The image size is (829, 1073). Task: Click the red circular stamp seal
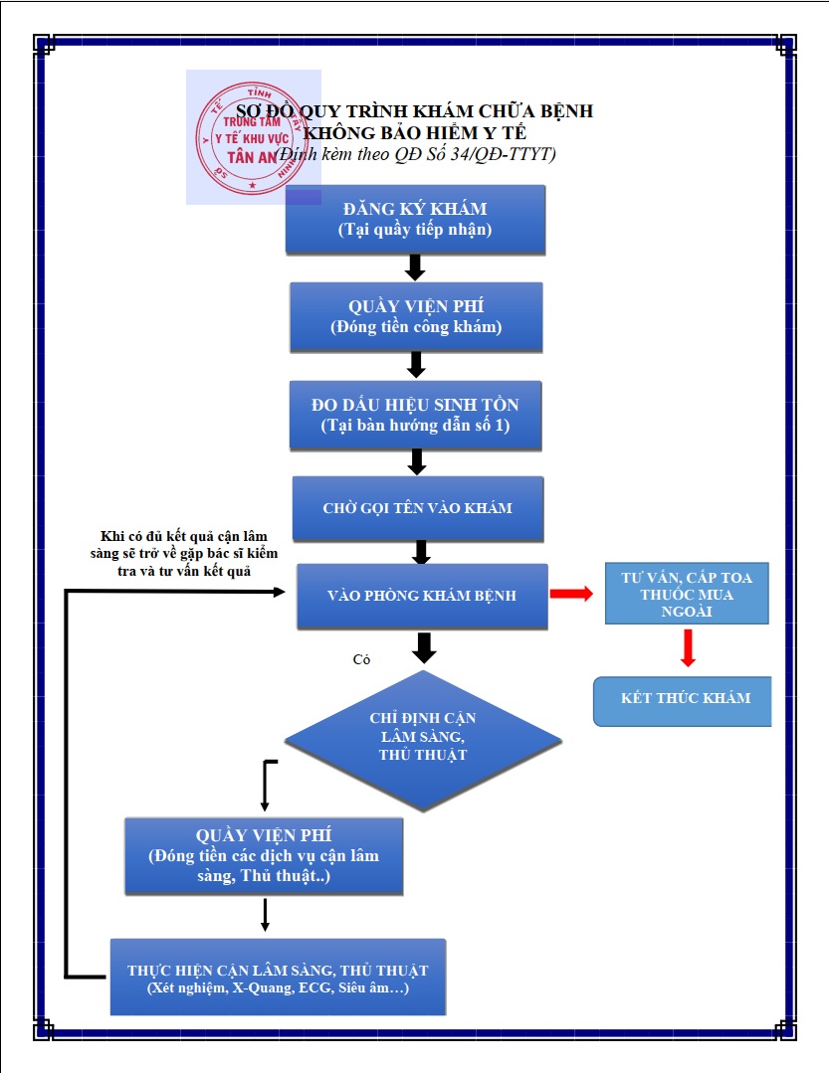coord(251,137)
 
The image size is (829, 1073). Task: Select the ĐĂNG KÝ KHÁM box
coord(416,220)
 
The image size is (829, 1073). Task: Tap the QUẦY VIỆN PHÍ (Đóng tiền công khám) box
coord(416,317)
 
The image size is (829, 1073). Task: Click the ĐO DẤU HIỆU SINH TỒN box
coord(416,416)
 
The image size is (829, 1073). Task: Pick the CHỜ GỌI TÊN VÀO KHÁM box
coord(418,508)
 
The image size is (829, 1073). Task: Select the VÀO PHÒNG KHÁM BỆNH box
coord(422,596)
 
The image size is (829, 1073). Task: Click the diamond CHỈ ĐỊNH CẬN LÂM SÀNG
coord(423,741)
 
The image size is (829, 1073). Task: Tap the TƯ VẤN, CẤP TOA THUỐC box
coord(687,594)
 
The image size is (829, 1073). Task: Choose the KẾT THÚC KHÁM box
coord(683,701)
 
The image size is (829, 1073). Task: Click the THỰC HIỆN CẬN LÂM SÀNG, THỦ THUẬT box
coord(278,978)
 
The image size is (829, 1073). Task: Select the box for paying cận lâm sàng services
coord(264,856)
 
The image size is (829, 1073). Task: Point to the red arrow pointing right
coord(571,594)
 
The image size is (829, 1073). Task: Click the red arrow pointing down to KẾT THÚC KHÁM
coord(688,647)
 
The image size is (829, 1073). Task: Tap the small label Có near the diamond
coord(361,659)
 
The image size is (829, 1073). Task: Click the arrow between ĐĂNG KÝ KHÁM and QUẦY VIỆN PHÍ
coord(415,268)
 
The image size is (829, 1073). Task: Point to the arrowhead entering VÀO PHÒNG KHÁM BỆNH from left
coord(279,592)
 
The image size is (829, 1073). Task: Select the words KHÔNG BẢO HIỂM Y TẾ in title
coord(415,132)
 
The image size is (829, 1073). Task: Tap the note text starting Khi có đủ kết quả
coord(183,554)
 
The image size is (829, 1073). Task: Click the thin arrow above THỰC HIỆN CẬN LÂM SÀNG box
coord(265,915)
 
